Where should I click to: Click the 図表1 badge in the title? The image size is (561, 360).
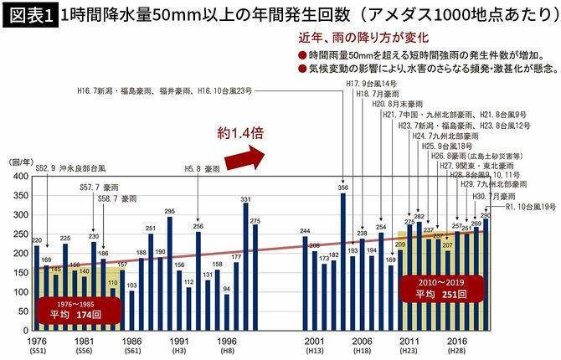click(29, 15)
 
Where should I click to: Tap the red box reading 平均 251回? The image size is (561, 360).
click(442, 289)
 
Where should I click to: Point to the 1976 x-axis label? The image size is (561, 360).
click(36, 342)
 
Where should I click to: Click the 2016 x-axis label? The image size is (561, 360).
click(456, 342)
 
